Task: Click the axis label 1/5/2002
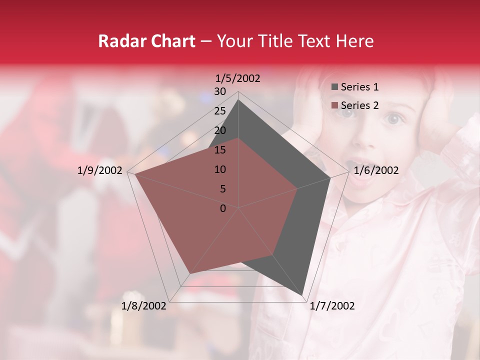point(238,78)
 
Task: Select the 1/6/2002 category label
point(376,170)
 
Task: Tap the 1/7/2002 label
point(332,306)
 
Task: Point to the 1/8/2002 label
point(144,306)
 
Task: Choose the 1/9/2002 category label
point(100,170)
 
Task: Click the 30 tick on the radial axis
point(220,91)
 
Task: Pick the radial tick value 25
point(220,111)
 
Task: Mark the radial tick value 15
point(220,150)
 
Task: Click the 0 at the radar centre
point(223,208)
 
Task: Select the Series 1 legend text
point(359,87)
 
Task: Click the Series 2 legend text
point(359,105)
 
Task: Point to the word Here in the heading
point(355,41)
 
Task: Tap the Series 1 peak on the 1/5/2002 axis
point(238,100)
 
